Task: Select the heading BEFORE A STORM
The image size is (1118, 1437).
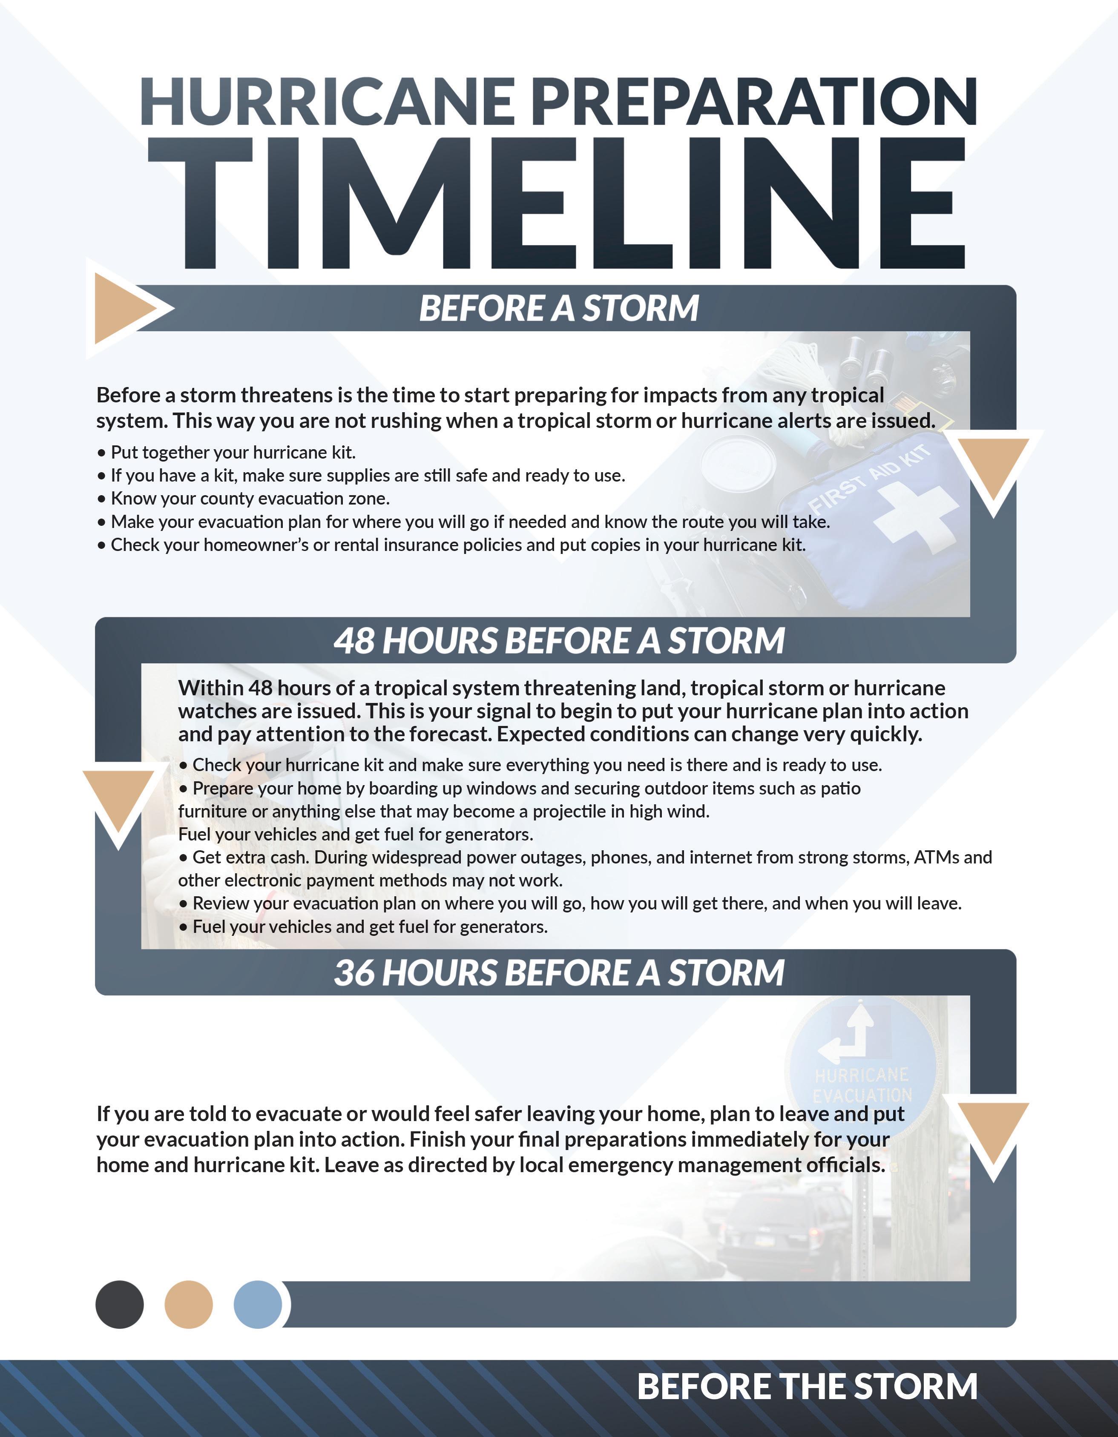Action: click(559, 309)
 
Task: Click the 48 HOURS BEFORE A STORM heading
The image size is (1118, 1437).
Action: click(559, 641)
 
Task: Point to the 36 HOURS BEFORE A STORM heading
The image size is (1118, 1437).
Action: click(559, 973)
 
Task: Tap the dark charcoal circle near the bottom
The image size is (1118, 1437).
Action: click(119, 1304)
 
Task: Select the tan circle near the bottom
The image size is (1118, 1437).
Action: click(188, 1304)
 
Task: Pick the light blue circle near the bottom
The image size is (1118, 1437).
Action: click(257, 1304)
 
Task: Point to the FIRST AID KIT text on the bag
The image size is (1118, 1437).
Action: click(868, 479)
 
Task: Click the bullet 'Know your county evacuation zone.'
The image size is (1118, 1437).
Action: click(250, 499)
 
